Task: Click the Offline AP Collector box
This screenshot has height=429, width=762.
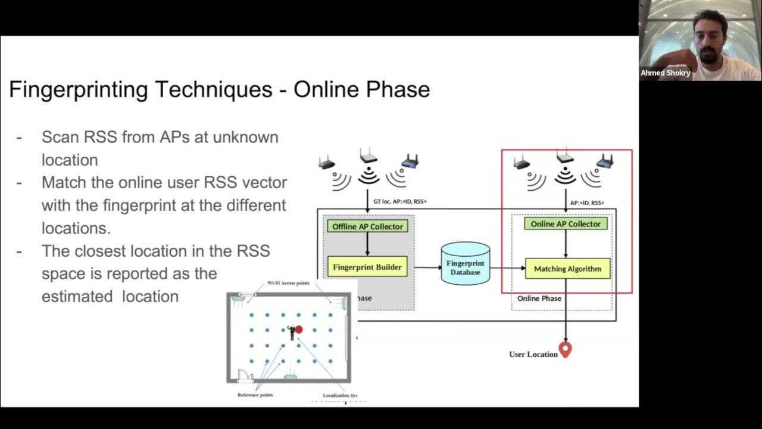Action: coord(367,226)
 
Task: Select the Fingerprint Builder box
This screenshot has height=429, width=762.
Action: coord(367,267)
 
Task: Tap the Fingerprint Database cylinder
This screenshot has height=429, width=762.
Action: coord(466,263)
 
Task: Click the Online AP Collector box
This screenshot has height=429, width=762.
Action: coord(566,224)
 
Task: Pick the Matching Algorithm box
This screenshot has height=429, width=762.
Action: coord(567,269)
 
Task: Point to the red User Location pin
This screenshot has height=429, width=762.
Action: coord(565,350)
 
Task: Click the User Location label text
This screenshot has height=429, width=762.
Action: coord(533,354)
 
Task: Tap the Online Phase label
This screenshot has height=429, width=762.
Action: coord(539,298)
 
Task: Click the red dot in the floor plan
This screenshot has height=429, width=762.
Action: coord(299,329)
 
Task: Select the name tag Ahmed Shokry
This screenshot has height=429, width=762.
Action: coord(665,73)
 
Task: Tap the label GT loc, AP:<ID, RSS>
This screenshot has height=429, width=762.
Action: coord(399,201)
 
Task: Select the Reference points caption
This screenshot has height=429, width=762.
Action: coord(255,395)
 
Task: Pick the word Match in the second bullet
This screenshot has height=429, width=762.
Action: coord(62,182)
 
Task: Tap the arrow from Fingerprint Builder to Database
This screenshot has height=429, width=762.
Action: coord(424,268)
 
